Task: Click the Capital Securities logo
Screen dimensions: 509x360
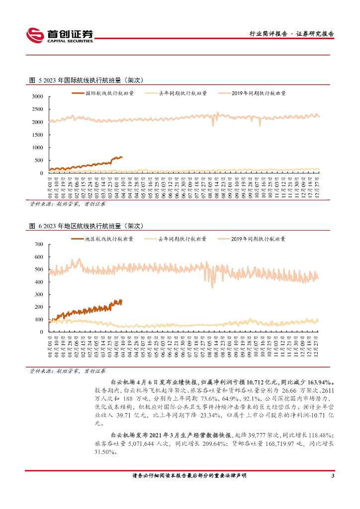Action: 60,35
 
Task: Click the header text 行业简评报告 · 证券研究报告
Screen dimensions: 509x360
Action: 291,34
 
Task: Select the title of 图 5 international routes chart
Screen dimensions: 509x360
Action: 87,80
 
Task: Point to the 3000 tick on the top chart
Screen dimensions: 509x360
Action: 37,96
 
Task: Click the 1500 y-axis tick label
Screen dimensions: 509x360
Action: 37,135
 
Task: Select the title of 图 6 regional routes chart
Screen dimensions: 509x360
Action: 87,226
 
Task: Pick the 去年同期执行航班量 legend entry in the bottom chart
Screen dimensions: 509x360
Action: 182,239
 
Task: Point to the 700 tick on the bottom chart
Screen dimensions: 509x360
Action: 39,245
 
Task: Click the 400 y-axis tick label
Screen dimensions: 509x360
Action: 39,282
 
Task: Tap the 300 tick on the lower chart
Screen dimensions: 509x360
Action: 39,294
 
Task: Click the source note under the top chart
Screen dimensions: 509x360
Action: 67,203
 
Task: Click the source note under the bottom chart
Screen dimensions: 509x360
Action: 67,370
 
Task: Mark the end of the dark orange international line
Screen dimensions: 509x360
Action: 122,158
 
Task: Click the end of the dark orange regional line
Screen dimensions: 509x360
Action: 120,300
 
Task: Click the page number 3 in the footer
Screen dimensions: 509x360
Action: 332,476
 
